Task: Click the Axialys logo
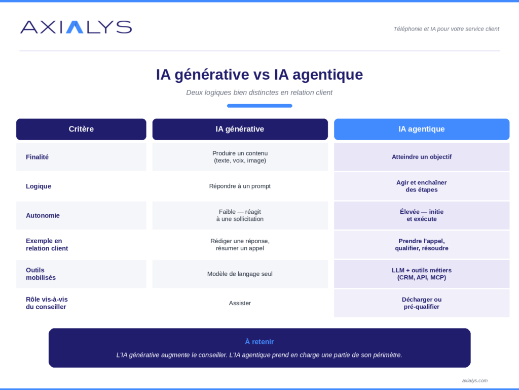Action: point(76,27)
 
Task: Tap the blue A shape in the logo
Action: point(75,27)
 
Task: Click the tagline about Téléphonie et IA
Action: point(446,29)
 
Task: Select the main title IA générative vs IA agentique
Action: point(259,74)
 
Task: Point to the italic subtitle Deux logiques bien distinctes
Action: point(259,92)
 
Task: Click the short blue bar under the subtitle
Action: point(259,106)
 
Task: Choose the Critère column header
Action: point(81,129)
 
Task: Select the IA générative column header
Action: point(240,129)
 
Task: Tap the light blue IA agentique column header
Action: point(422,129)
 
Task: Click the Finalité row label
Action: point(37,157)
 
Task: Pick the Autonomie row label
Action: point(43,215)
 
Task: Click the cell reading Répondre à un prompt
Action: point(240,186)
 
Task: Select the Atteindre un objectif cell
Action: point(422,157)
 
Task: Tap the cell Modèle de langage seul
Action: point(240,274)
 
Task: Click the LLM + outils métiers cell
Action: point(422,274)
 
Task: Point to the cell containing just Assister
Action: point(240,303)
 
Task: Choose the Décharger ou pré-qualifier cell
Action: point(422,303)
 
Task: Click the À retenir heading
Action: point(259,342)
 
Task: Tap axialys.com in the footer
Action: point(474,381)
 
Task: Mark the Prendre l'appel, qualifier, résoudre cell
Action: point(422,245)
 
